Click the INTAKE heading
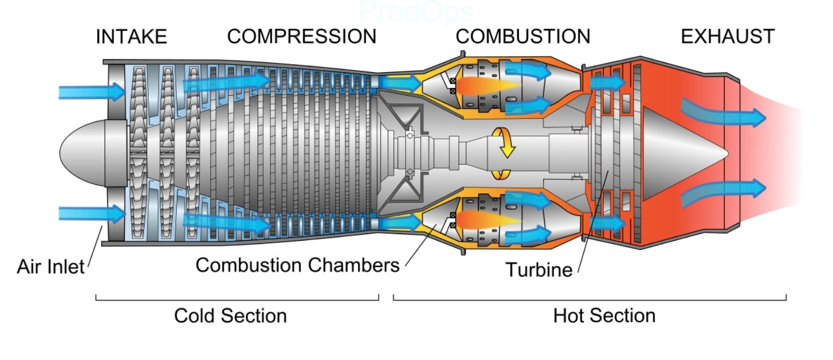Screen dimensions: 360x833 click(131, 37)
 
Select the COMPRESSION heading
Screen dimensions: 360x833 click(302, 37)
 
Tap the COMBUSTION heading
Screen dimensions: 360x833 click(523, 37)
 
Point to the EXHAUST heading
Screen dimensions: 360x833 click(727, 37)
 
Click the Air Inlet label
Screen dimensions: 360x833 click(51, 267)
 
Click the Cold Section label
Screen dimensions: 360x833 click(230, 316)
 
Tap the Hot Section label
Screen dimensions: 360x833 click(604, 316)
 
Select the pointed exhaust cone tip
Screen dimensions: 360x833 click(722, 153)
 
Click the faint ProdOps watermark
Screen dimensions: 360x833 click(416, 11)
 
